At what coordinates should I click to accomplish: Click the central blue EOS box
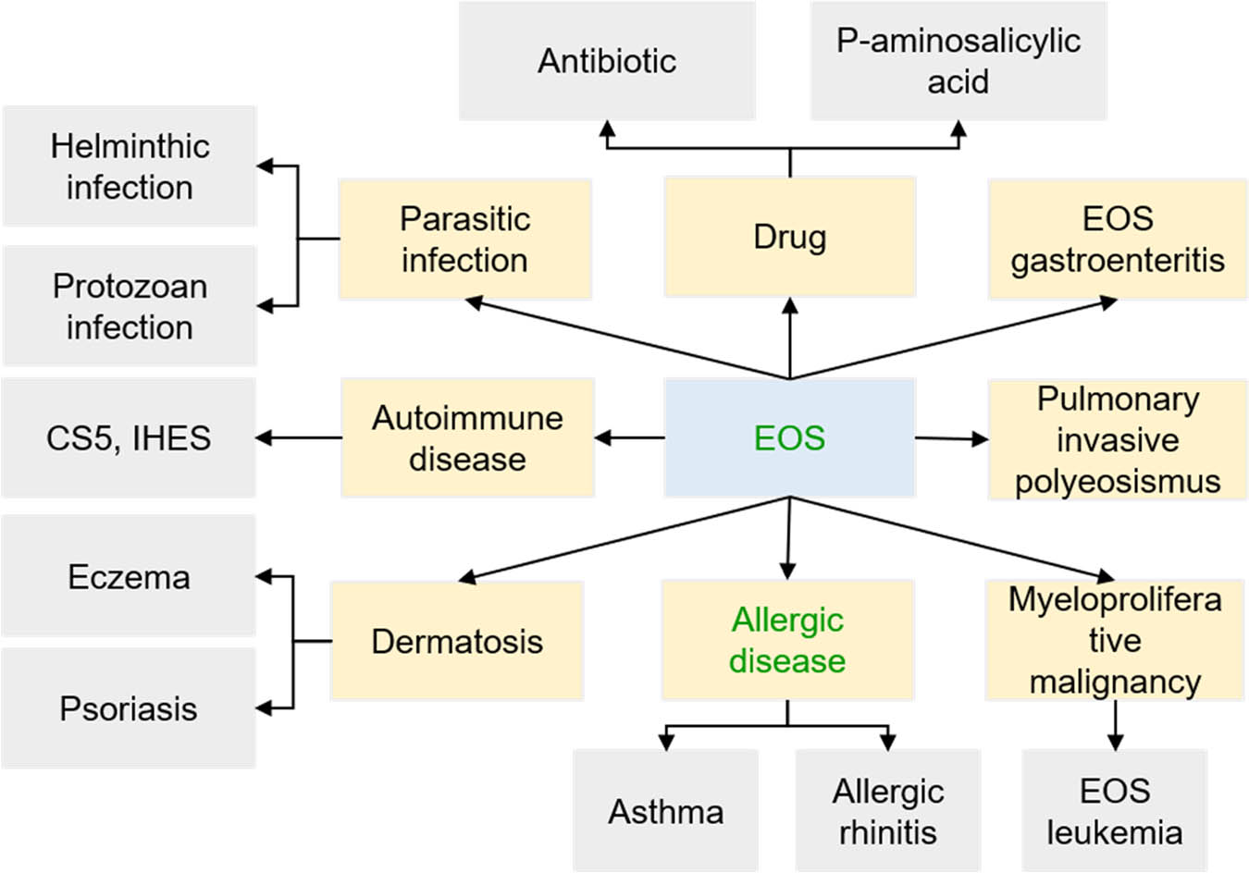789,437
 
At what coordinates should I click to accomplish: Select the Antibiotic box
607,61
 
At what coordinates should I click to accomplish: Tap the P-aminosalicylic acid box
958,61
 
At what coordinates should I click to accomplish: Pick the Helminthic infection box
130,166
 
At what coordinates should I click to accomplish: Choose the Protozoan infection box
130,306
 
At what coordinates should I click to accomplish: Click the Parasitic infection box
464,240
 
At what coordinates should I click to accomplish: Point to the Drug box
789,237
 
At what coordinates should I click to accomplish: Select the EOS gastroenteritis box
1117,240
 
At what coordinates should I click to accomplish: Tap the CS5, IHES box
129,437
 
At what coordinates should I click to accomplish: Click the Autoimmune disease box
467,437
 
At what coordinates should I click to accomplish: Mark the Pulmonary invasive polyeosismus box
1117,439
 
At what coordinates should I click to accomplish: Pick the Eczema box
129,576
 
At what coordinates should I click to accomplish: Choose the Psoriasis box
129,708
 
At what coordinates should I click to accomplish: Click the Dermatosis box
457,641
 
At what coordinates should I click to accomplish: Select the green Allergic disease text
787,640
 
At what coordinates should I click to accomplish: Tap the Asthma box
665,811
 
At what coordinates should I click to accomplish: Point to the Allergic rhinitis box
887,811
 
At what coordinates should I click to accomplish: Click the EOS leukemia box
1114,811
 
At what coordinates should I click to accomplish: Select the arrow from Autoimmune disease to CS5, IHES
299,437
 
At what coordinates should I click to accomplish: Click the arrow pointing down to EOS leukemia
1115,725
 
